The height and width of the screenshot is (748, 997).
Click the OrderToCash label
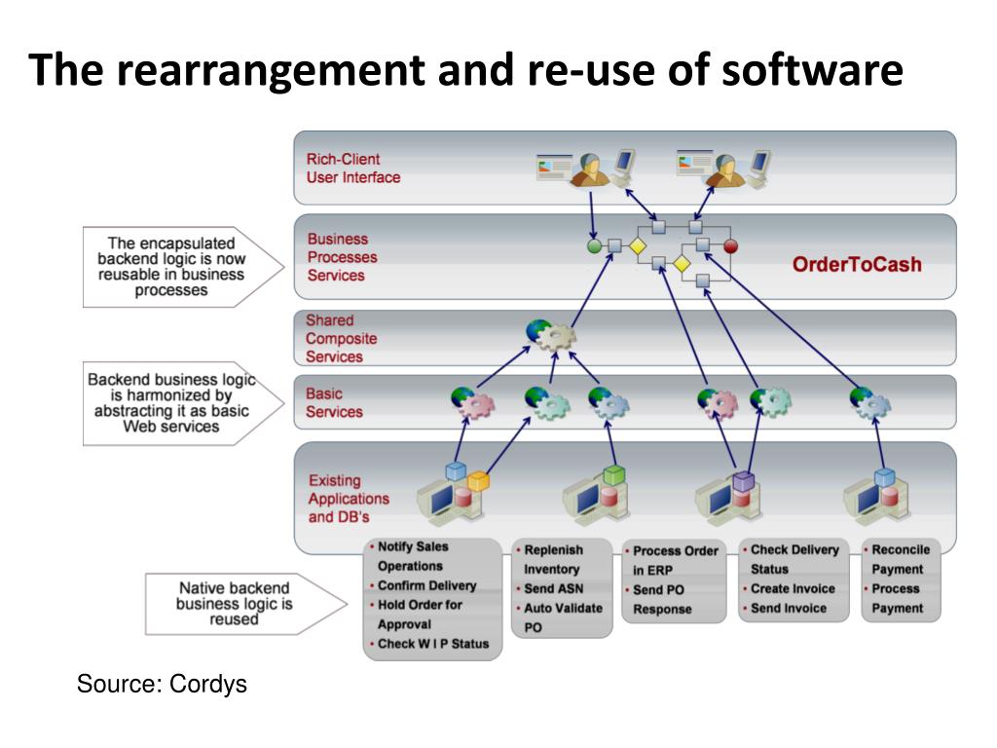point(857,264)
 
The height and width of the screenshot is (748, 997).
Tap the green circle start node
point(594,246)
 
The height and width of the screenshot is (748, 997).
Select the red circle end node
point(730,245)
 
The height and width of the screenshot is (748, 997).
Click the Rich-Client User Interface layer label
point(352,168)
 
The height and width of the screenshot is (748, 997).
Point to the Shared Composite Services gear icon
point(551,335)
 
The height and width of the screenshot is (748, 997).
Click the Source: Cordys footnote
point(162,684)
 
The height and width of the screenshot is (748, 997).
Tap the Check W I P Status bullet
point(433,644)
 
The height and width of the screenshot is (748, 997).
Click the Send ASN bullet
point(551,589)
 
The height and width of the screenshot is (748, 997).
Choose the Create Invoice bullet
point(789,589)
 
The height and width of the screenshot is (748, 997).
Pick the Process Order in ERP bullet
point(673,560)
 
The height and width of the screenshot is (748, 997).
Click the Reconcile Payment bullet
point(897,559)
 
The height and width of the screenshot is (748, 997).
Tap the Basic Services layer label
point(334,402)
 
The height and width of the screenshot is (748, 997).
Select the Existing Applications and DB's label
point(349,499)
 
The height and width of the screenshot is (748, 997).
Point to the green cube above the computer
point(613,474)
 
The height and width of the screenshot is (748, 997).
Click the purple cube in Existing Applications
point(743,480)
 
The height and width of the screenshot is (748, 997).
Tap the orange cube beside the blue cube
point(478,480)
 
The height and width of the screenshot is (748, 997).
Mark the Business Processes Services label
point(342,257)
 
